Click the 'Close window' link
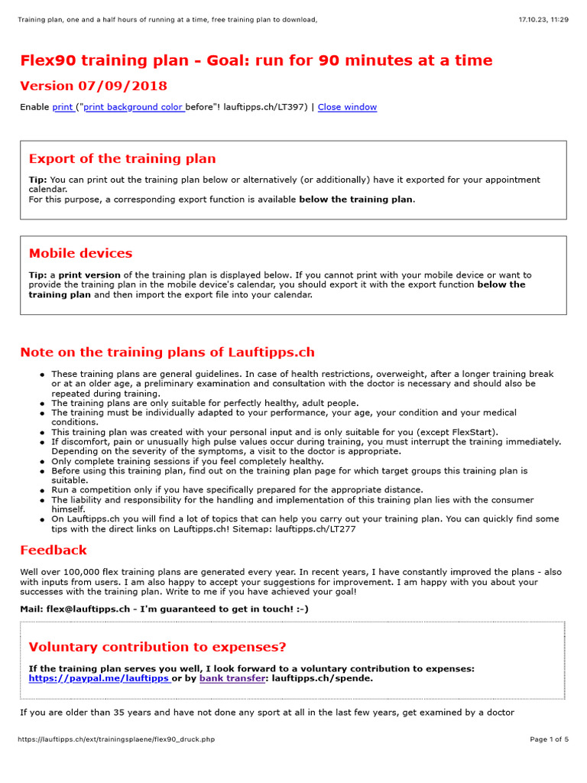click(347, 107)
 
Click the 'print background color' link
click(133, 107)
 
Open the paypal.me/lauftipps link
click(99, 678)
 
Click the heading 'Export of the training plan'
click(122, 159)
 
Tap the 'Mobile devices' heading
click(80, 253)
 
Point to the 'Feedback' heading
click(54, 550)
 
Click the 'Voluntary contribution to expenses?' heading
click(157, 647)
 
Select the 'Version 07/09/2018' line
click(93, 86)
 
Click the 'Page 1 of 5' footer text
click(549, 739)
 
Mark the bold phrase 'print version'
click(89, 275)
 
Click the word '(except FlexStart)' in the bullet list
click(454, 432)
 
